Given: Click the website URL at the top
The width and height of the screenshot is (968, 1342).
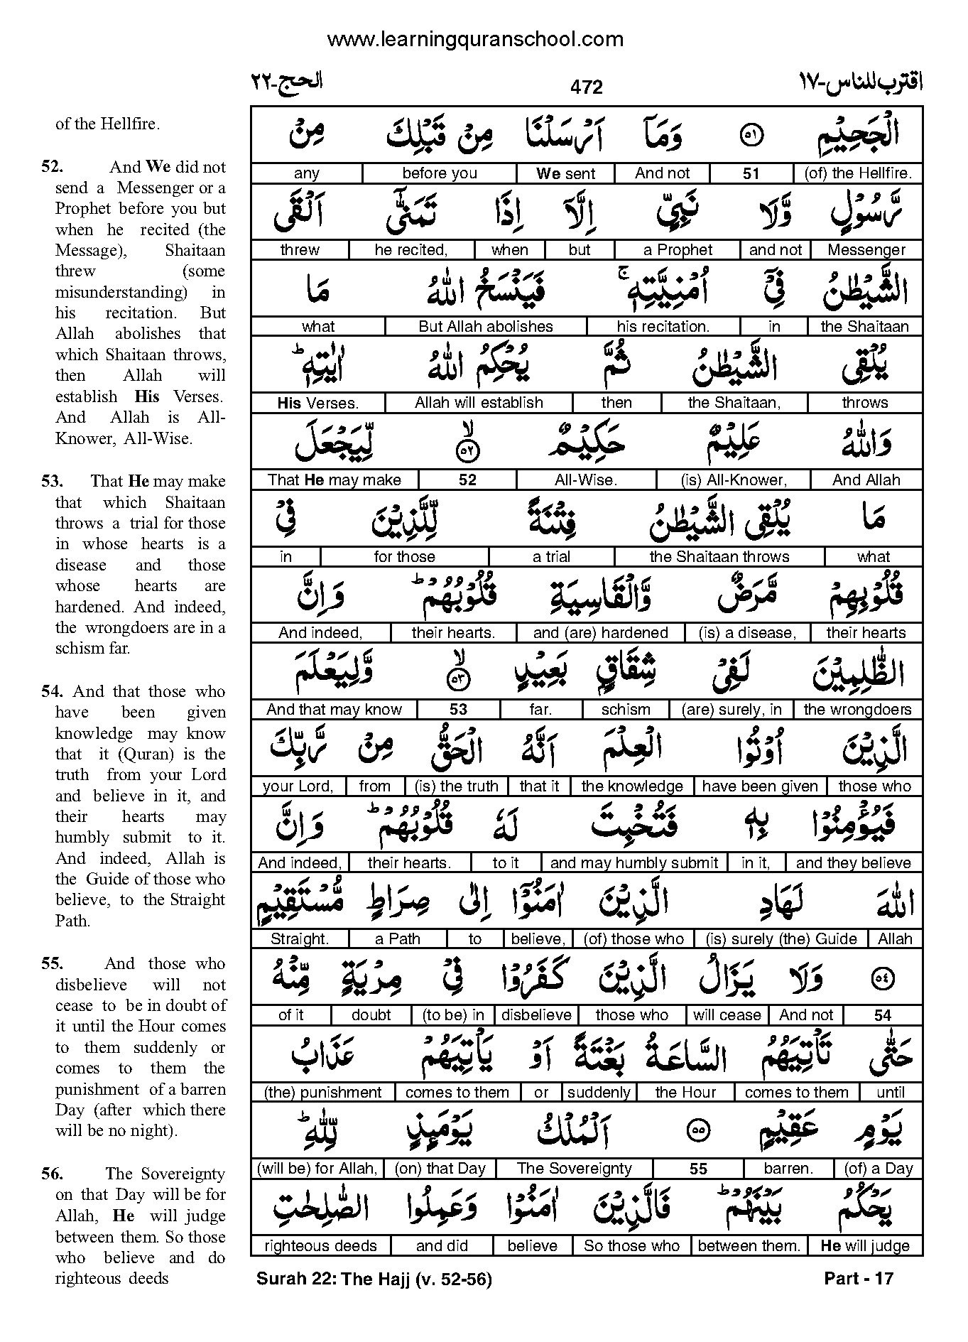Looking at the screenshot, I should coord(475,39).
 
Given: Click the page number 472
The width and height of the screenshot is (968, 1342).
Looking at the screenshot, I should coord(586,87).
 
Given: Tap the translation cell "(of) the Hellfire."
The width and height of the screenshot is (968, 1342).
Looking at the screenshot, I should coord(858,173).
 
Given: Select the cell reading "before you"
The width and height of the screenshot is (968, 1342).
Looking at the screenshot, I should coord(439,173).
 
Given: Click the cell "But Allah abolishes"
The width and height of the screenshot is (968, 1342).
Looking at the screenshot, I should coord(486,326).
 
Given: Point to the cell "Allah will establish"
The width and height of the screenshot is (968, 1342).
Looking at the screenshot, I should coord(479,402).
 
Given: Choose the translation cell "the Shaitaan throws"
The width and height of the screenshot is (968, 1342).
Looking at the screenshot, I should coord(719,556).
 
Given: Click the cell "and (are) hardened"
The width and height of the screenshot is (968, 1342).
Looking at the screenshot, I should coord(600,632).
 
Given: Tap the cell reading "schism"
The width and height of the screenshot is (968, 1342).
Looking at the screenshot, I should coord(625,709).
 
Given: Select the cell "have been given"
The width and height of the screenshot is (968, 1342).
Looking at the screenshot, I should coord(760,786).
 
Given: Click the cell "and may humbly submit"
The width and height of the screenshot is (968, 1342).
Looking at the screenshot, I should coord(634,862).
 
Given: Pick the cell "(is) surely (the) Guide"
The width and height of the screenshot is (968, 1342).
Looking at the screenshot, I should coord(781,938).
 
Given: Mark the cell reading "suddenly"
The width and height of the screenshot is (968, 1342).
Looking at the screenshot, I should coord(599,1092).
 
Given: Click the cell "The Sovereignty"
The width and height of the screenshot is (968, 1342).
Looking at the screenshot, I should coord(574,1169).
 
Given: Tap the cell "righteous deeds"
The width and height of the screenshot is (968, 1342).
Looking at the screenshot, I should coord(320,1245).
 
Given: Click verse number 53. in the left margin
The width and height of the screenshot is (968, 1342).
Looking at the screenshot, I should coord(53,482).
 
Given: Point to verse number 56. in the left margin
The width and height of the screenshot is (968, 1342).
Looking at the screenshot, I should coord(53,1174).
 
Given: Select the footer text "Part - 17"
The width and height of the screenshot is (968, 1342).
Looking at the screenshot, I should coord(858,1278).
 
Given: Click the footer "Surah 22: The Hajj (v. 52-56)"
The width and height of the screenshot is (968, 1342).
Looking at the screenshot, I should coord(374,1279).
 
